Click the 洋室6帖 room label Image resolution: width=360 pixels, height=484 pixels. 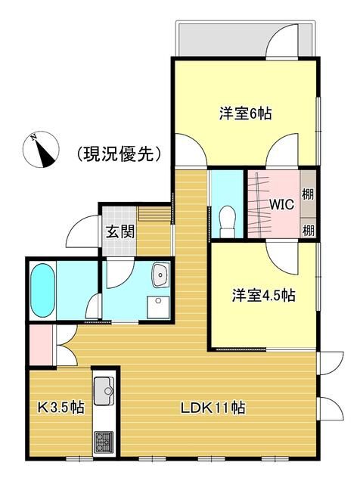pyautogui.click(x=246, y=114)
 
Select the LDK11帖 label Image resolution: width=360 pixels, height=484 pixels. pyautogui.click(x=213, y=408)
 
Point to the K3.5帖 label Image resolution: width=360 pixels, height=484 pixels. pyautogui.click(x=61, y=408)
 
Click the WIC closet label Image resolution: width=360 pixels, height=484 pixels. pyautogui.click(x=279, y=204)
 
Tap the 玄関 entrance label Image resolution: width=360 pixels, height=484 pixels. pyautogui.click(x=120, y=231)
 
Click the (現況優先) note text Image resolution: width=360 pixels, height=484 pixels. pyautogui.click(x=119, y=155)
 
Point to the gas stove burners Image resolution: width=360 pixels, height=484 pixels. pyautogui.click(x=102, y=439)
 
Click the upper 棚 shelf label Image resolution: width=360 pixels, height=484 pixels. pyautogui.click(x=308, y=194)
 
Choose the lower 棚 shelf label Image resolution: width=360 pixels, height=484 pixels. pyautogui.click(x=308, y=228)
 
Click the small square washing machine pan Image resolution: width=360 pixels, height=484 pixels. pyautogui.click(x=159, y=306)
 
